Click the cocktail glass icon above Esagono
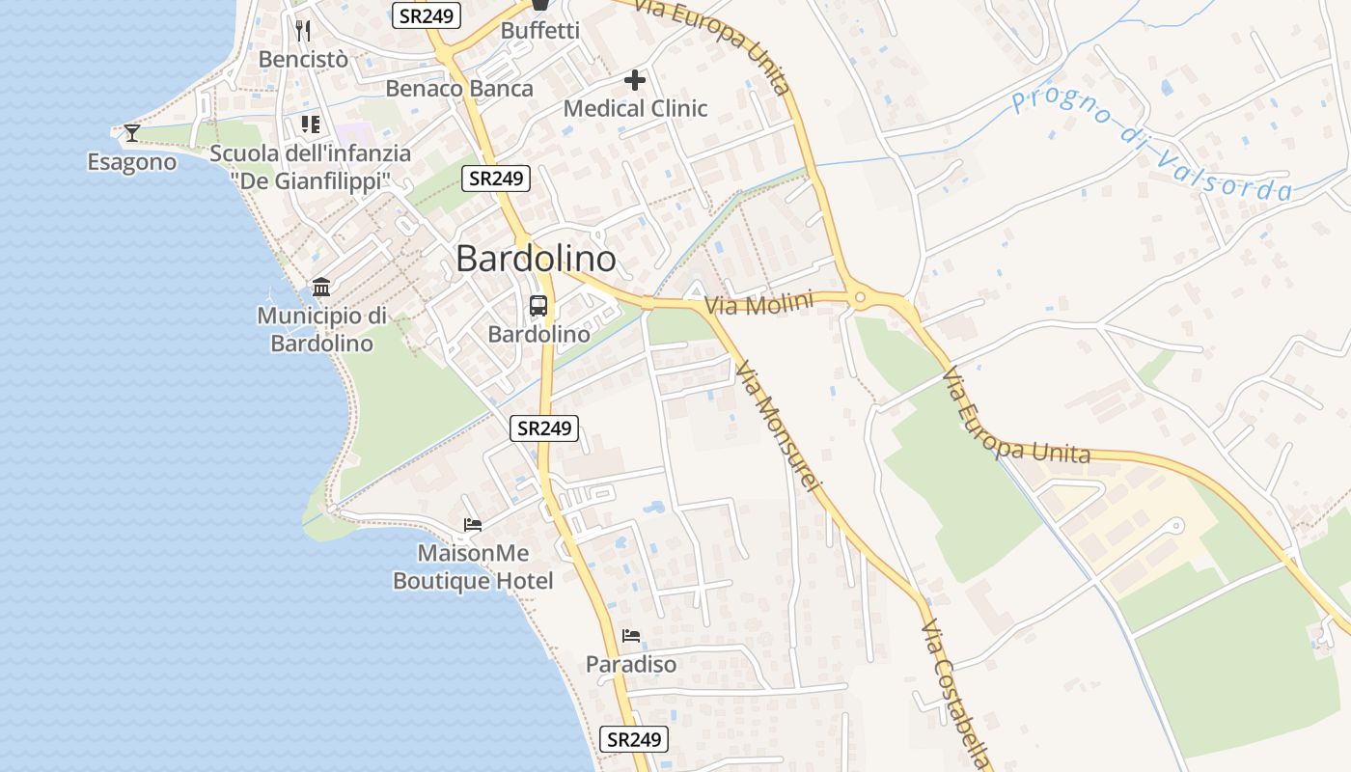tap(132, 132)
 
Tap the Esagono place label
tap(132, 162)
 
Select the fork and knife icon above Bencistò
tap(303, 30)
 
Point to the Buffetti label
tap(539, 31)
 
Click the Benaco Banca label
tap(459, 89)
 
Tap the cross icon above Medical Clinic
tap(635, 79)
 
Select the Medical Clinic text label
tap(635, 109)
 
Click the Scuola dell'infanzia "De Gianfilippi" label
tap(310, 167)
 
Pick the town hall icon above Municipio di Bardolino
tap(321, 287)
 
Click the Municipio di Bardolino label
tap(321, 329)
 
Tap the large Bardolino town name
tap(536, 259)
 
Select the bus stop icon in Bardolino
tap(538, 306)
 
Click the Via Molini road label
tap(758, 304)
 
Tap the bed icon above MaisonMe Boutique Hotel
tap(473, 525)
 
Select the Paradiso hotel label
tap(631, 665)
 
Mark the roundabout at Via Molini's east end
tap(859, 298)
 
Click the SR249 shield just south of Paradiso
tap(633, 739)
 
